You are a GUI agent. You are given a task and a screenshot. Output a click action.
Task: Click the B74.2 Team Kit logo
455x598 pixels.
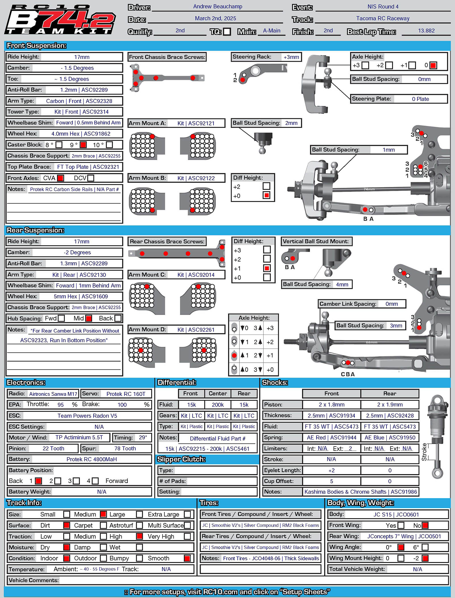pos(60,20)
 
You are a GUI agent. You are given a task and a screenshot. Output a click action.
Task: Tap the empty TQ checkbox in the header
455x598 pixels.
pos(227,32)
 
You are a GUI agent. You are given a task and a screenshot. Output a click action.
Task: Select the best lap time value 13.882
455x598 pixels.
pos(426,31)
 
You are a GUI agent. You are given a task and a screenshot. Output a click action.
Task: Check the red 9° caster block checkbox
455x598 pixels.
pos(83,145)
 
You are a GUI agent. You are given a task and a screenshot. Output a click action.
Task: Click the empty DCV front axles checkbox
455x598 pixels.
pos(91,178)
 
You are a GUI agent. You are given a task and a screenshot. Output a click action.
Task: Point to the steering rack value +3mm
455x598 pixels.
pos(291,57)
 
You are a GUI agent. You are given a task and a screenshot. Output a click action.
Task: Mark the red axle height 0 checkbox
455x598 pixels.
pos(433,65)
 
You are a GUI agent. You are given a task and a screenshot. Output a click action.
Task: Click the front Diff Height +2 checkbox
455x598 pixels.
pos(266,186)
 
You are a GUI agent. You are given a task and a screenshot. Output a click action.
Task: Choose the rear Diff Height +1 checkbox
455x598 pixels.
pos(267,268)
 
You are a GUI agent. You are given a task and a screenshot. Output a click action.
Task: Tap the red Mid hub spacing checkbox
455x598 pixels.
pos(89,318)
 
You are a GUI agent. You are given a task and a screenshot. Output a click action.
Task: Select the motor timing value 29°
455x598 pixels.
pos(143,437)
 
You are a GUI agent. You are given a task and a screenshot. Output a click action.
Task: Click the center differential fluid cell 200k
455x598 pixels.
pos(218,405)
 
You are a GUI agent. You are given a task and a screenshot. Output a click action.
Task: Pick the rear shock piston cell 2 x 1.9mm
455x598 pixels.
pos(390,404)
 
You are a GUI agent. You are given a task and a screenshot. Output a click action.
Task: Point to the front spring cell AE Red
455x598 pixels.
pos(332,438)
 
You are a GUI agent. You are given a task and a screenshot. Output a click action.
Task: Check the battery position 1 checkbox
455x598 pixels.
pos(38,481)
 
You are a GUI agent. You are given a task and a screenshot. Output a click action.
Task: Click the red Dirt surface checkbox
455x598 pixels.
pos(67,525)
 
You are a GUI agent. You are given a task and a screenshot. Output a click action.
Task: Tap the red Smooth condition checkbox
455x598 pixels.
pos(187,558)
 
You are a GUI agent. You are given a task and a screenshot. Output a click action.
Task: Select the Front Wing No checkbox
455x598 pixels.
pos(425,526)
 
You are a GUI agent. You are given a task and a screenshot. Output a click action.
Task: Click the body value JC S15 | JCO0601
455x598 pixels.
pos(396,514)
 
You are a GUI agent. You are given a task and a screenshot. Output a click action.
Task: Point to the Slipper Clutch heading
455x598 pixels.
pos(181,459)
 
